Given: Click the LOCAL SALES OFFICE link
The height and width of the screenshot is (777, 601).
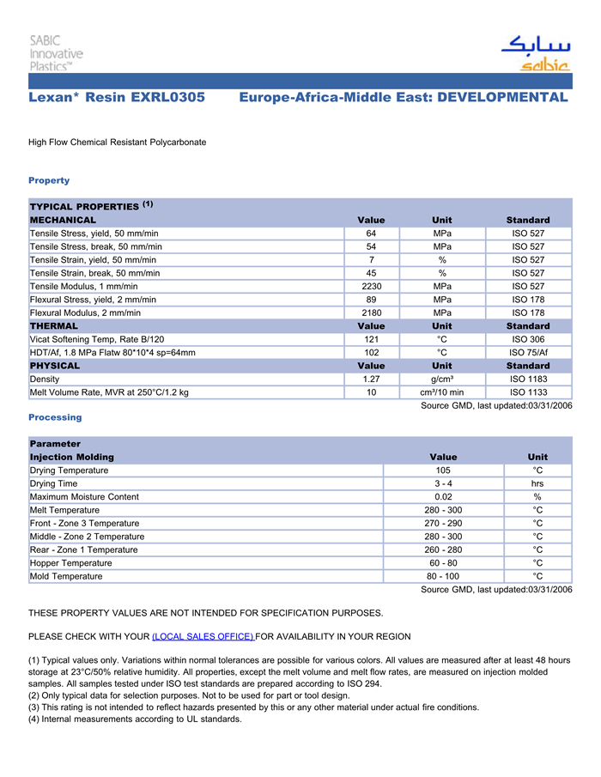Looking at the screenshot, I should coord(203,636).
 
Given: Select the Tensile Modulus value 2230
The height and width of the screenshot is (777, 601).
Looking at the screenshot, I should coord(371,287).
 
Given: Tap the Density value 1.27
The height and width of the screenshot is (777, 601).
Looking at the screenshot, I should coord(371,379).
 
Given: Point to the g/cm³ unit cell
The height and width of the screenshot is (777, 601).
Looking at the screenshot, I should coord(441,379).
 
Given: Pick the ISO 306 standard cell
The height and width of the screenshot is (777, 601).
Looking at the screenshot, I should coord(528,340).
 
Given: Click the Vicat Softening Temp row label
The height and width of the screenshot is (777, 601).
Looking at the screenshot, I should coord(97,340).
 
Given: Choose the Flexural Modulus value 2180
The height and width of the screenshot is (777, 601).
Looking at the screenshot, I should coord(371,313).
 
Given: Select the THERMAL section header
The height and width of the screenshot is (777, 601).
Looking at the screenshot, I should coord(54,326).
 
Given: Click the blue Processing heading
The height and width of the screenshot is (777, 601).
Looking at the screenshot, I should coord(55,417).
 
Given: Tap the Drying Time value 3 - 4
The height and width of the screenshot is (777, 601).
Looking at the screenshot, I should coord(443,484).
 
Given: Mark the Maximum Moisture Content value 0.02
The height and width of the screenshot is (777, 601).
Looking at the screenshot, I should coord(443,497).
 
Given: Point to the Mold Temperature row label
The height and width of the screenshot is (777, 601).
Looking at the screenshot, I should coord(66,576).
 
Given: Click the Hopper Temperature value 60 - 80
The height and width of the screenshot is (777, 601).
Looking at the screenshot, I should coord(443,563).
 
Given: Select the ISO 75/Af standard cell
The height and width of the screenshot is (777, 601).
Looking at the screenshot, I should coord(528,353).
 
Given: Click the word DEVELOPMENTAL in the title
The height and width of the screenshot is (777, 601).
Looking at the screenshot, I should coord(502,98).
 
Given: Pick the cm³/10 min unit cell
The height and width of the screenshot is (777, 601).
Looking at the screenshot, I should coord(441,392).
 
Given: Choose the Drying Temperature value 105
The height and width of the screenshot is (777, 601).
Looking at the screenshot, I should coord(443,470).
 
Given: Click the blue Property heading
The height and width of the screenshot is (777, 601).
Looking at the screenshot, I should coord(49,180).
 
